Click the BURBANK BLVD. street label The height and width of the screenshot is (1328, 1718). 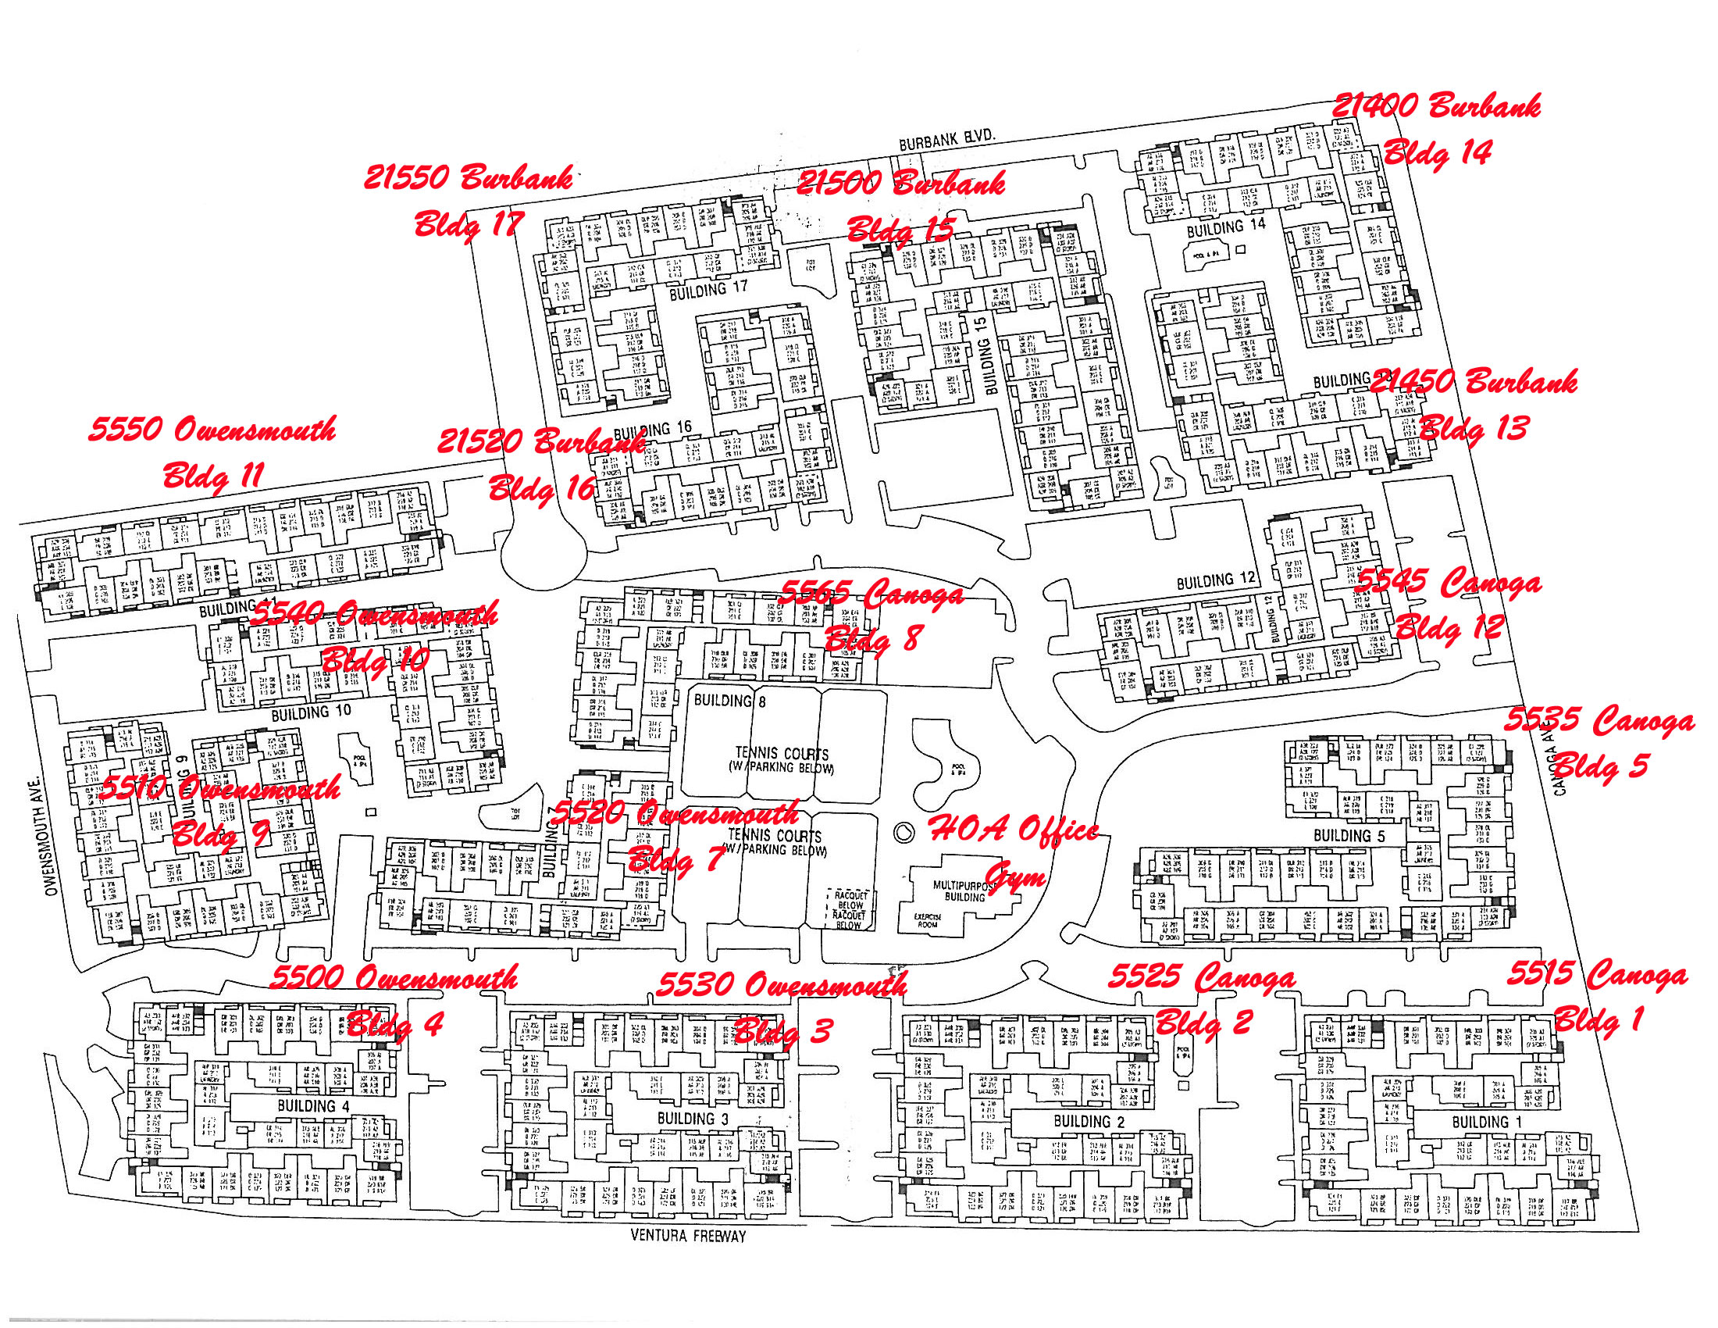click(947, 140)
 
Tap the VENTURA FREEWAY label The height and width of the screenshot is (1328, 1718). click(687, 1235)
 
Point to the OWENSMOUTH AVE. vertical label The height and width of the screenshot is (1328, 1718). click(52, 834)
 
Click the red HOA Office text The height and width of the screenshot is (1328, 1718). click(1014, 829)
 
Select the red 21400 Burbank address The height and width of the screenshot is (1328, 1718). click(1435, 106)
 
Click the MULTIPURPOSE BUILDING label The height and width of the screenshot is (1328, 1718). click(964, 891)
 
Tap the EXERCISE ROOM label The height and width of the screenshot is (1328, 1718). click(928, 920)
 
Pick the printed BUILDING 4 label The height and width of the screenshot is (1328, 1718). click(313, 1105)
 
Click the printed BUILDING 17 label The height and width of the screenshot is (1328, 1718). click(708, 290)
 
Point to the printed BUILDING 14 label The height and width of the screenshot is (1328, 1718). click(1225, 228)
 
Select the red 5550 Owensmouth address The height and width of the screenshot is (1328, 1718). click(212, 430)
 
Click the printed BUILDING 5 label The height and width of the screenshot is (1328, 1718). click(1349, 836)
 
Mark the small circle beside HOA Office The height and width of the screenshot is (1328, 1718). click(904, 832)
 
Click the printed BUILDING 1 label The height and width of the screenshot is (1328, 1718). click(1486, 1122)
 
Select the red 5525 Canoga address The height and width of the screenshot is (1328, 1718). click(1201, 976)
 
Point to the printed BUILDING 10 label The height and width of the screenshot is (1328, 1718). click(311, 712)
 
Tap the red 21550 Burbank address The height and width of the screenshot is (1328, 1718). click(467, 178)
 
